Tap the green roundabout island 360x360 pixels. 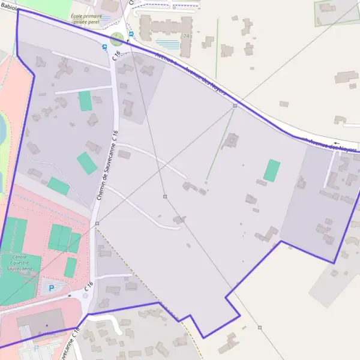coord(117,39)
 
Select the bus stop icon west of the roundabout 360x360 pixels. coord(105,46)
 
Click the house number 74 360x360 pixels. coord(186,36)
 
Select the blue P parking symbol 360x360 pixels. coord(51,288)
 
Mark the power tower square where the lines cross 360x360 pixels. coord(165,196)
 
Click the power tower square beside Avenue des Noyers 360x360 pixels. coord(235,106)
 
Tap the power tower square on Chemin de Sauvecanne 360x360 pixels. coord(97,223)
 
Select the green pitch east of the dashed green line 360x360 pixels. coord(272,170)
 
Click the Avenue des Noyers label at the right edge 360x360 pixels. coord(333,145)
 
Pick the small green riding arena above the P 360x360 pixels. coord(71,267)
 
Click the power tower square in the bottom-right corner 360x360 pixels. coord(260,328)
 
